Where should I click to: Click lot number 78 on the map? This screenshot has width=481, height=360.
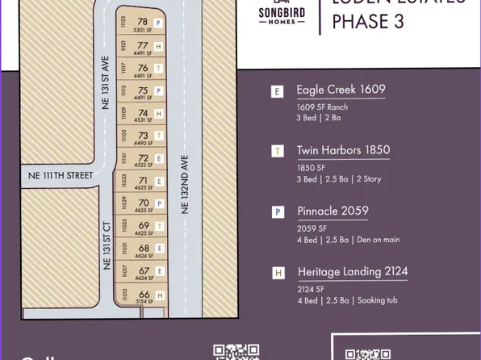coord(143,22)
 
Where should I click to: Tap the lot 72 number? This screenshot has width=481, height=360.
coord(144,158)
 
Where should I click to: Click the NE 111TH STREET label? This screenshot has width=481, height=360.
coord(61,174)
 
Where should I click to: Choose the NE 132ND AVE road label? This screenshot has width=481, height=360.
coord(184,184)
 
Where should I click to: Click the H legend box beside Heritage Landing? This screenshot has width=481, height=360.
coord(278,274)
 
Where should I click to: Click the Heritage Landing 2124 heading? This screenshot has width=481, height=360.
coord(351,272)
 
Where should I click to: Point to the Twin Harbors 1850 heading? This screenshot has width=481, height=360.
coord(343,149)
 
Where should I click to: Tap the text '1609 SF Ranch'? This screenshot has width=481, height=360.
coord(323,107)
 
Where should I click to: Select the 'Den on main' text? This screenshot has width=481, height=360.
coord(379,240)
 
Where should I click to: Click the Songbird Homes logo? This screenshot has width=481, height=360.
coord(281,15)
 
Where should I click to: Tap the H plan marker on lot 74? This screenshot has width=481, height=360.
coord(159,114)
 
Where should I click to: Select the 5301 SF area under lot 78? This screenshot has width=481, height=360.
coord(142,31)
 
